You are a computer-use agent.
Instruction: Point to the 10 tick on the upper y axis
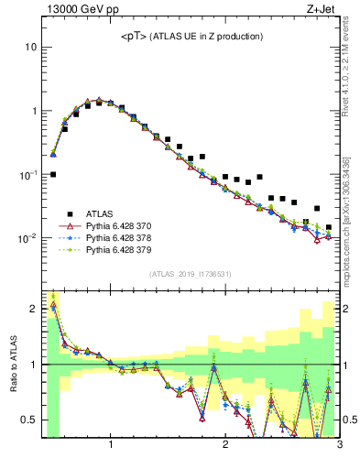[31, 47]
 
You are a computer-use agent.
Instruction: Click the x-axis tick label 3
[339, 446]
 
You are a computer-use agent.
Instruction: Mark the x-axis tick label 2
[225, 446]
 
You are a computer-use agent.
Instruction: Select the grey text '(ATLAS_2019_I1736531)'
[191, 274]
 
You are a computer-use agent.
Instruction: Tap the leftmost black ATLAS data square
[53, 174]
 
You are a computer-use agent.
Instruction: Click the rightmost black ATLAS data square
[328, 227]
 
